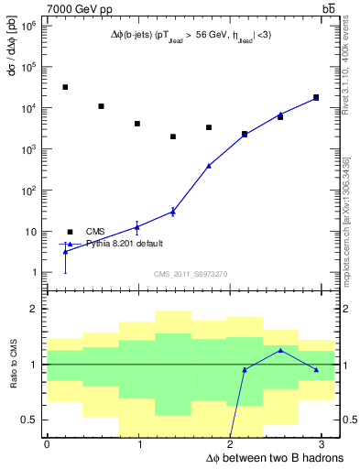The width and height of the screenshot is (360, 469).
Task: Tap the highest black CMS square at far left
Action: pos(65,87)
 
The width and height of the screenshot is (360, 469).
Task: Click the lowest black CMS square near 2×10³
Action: pos(173,136)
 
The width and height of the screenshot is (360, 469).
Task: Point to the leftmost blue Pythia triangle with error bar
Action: pos(65,251)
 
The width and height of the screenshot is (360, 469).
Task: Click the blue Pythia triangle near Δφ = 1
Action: pos(136,226)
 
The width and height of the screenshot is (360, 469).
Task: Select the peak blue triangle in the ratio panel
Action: pos(280,351)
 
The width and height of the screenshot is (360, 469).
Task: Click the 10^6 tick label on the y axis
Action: pos(28,26)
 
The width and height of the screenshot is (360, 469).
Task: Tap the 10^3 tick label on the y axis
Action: pos(28,149)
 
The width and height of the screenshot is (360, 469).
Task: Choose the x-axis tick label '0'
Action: pos(47,443)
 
